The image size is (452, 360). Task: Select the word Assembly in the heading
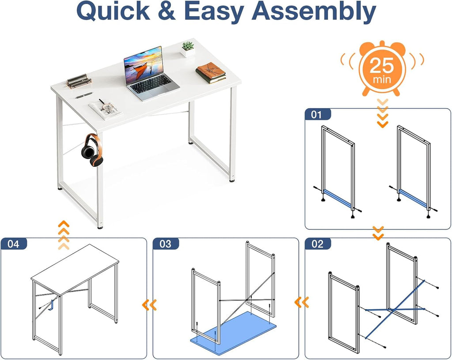[314, 12]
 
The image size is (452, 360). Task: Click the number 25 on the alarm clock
[382, 65]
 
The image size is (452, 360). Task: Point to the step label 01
[316, 115]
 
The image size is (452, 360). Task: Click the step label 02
[317, 244]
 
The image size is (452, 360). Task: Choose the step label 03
[165, 244]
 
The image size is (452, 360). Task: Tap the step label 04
[13, 244]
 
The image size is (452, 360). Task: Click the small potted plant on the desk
[188, 49]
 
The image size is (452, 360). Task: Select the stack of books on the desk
[211, 73]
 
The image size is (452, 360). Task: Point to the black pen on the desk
[84, 95]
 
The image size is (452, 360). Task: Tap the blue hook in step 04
[52, 305]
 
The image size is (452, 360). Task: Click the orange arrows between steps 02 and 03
[301, 302]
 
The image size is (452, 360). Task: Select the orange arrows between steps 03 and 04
[149, 305]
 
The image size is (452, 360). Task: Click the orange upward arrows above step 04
[64, 235]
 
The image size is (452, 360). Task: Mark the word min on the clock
[382, 79]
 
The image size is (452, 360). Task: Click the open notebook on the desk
[105, 109]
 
